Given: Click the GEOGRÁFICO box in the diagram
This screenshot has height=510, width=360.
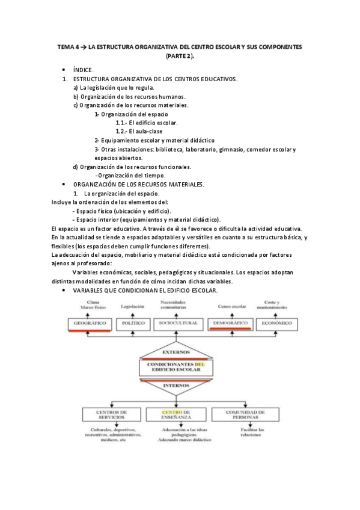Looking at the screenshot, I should coord(90,323).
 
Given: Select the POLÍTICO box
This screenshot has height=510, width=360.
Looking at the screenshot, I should coord(133,323).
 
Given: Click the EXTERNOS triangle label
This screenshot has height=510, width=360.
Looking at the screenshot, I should coord(175,352).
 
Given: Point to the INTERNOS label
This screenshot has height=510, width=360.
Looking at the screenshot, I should coord(175,386).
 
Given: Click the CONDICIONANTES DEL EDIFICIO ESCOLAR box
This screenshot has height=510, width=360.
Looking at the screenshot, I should coord(175,367).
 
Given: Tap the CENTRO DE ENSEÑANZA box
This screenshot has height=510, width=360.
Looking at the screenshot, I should coord(175,415).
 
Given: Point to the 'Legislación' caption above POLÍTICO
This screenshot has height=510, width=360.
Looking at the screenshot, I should coord(133,306).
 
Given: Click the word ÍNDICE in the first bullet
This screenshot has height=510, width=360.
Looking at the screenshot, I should coord(83,70).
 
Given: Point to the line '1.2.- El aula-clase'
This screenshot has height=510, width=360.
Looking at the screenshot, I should coord(139,131).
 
